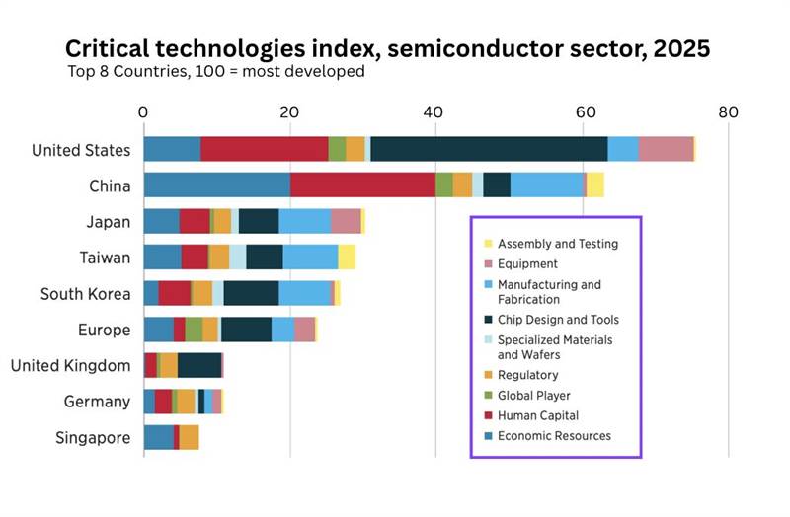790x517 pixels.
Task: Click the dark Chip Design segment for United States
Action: (489, 148)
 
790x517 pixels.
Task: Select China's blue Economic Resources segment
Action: (216, 185)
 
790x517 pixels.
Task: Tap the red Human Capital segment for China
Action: (362, 185)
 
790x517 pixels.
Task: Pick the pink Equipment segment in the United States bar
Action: (666, 148)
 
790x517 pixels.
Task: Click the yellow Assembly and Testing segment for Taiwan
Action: (347, 257)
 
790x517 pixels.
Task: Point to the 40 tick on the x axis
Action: (435, 112)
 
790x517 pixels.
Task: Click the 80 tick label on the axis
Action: (728, 112)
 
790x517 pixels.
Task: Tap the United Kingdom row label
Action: (70, 365)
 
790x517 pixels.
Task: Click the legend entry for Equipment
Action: (527, 263)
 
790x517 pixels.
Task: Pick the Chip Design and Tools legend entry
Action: (558, 320)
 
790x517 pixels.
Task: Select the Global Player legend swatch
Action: (488, 396)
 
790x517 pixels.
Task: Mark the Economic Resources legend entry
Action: (553, 435)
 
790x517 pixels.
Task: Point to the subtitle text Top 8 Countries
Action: (125, 71)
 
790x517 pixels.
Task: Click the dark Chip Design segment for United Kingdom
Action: (199, 365)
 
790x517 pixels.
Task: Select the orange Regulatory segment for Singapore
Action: (189, 437)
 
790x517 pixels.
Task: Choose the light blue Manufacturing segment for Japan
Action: (304, 221)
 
